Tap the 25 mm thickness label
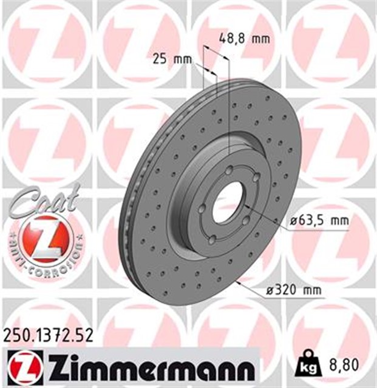pyautogui.click(x=170, y=59)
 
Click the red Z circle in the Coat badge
pyautogui.click(x=44, y=238)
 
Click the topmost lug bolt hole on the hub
pyautogui.click(x=226, y=172)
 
